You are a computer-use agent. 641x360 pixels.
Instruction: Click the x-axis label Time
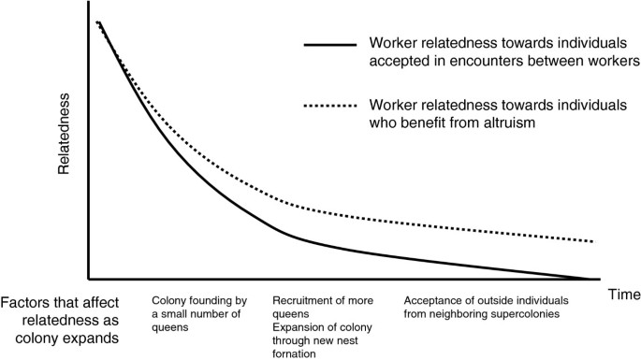(x=623, y=295)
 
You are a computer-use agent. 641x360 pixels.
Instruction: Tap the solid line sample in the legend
(x=328, y=44)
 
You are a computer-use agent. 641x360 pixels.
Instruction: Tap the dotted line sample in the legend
(x=328, y=106)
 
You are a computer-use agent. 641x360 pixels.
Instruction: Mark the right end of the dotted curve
(x=594, y=241)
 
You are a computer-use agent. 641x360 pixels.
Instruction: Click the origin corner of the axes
(x=89, y=279)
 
